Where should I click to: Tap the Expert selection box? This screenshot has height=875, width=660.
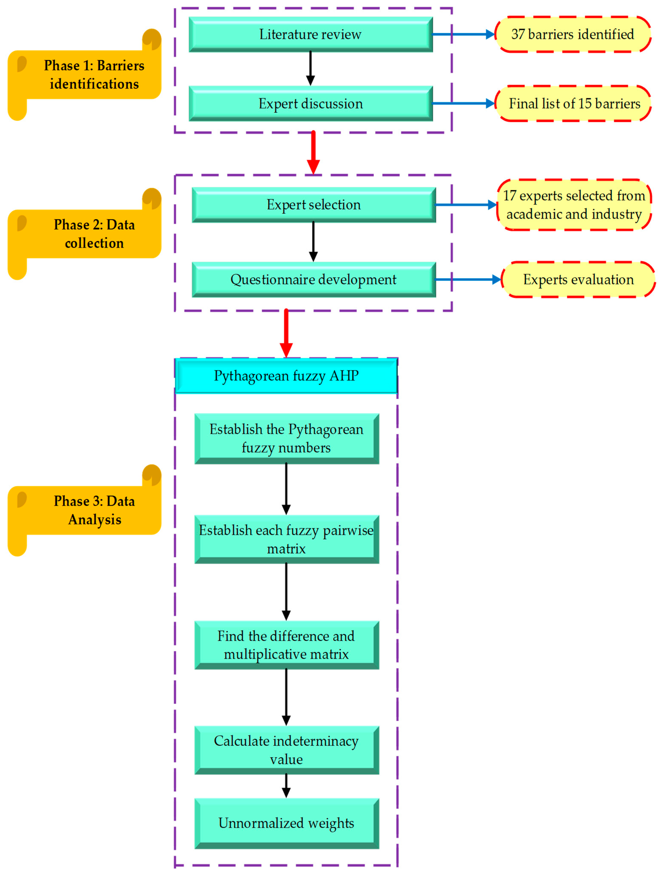(x=313, y=205)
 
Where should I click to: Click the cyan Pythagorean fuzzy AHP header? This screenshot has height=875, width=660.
(x=286, y=375)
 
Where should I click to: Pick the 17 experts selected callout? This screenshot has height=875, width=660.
(x=574, y=205)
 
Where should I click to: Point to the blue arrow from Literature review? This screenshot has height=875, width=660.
(x=463, y=34)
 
